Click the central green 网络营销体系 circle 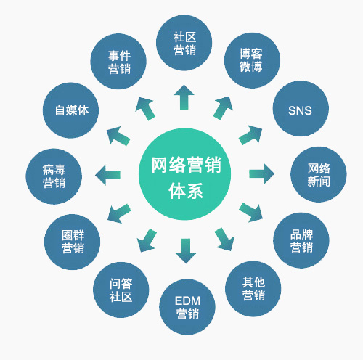tap(184, 174)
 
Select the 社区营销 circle tap(184, 43)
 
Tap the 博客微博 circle tap(252, 60)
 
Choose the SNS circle tap(301, 108)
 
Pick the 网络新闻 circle tap(319, 174)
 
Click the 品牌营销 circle tap(301, 240)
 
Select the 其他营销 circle tap(253, 289)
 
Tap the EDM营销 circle tap(187, 307)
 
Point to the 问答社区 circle tap(121, 290)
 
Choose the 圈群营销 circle tap(73, 242)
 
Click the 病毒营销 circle tap(54, 176)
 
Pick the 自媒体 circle tap(70, 110)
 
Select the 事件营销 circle tap(118, 62)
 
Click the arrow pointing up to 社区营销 tap(184, 97)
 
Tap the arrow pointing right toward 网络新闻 tap(261, 173)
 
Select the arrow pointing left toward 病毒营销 tap(107, 175)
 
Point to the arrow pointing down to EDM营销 tap(186, 251)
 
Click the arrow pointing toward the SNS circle tap(251, 134)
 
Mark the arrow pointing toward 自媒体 tap(118, 136)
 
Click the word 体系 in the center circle tap(186, 191)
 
